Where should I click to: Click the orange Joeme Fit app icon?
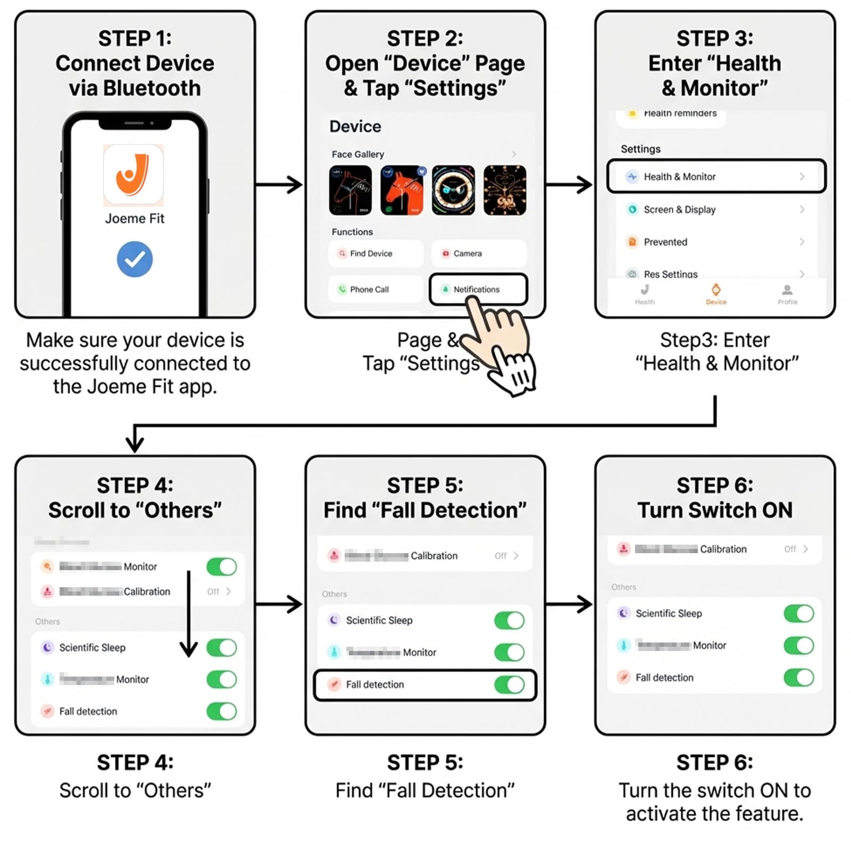click(134, 175)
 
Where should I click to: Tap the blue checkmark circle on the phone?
click(135, 259)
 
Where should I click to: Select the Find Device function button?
click(376, 254)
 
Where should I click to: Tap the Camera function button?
click(479, 254)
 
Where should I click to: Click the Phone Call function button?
click(376, 289)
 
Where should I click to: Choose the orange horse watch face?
click(402, 190)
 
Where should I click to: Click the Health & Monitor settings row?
click(716, 177)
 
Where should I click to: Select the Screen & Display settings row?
click(716, 210)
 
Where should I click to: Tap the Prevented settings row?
click(716, 242)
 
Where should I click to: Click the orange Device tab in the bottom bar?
click(716, 294)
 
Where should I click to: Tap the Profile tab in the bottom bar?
click(787, 294)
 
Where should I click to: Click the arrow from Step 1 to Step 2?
click(279, 185)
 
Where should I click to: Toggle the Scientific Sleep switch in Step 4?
click(222, 647)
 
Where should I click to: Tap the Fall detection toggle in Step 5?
click(509, 685)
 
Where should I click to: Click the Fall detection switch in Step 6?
click(798, 678)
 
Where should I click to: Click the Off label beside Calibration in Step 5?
click(500, 556)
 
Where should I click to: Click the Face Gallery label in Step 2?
click(357, 154)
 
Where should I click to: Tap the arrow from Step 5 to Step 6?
click(569, 604)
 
